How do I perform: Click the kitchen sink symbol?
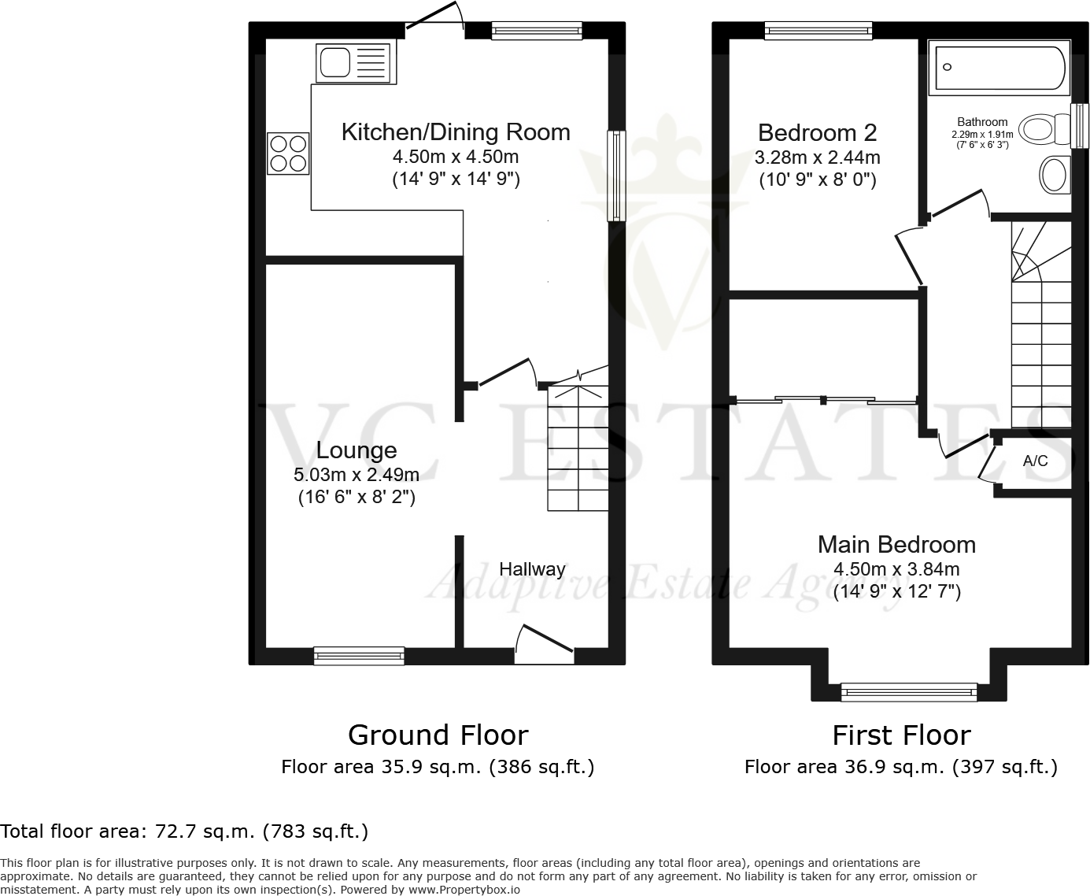click(356, 63)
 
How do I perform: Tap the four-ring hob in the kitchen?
click(288, 154)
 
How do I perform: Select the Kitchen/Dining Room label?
click(456, 132)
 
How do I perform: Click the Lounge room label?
click(356, 450)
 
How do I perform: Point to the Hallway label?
click(532, 569)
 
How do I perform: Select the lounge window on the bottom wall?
click(359, 655)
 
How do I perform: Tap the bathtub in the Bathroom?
click(999, 68)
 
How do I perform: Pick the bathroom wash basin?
click(1054, 174)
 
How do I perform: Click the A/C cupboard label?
click(1035, 461)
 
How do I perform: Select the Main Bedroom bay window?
click(909, 692)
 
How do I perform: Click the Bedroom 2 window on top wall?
click(818, 30)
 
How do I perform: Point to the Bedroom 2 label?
click(817, 132)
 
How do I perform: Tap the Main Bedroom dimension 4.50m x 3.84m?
click(896, 569)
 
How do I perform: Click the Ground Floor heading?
click(438, 735)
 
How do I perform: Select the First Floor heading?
click(901, 735)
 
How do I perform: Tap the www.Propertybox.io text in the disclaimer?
click(464, 890)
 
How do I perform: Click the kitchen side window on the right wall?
click(615, 176)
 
